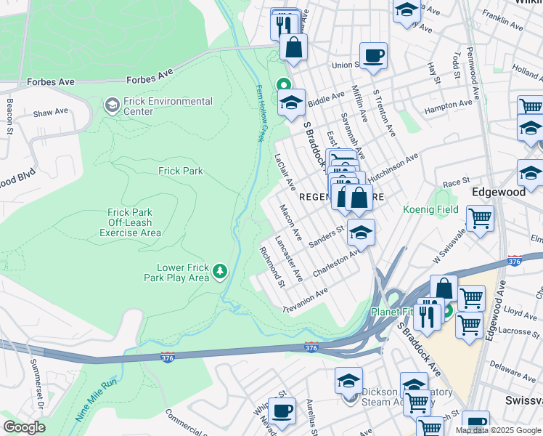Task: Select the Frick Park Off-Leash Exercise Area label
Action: [x=131, y=222]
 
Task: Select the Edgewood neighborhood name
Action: [x=498, y=192]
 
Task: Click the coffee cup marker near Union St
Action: [x=373, y=55]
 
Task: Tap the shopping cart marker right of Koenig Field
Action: [x=480, y=217]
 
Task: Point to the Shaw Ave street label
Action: [x=50, y=113]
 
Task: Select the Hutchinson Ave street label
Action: [x=393, y=168]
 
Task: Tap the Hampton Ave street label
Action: [x=448, y=106]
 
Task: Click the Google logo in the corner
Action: [x=24, y=427]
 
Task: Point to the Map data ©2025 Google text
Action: [x=498, y=430]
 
